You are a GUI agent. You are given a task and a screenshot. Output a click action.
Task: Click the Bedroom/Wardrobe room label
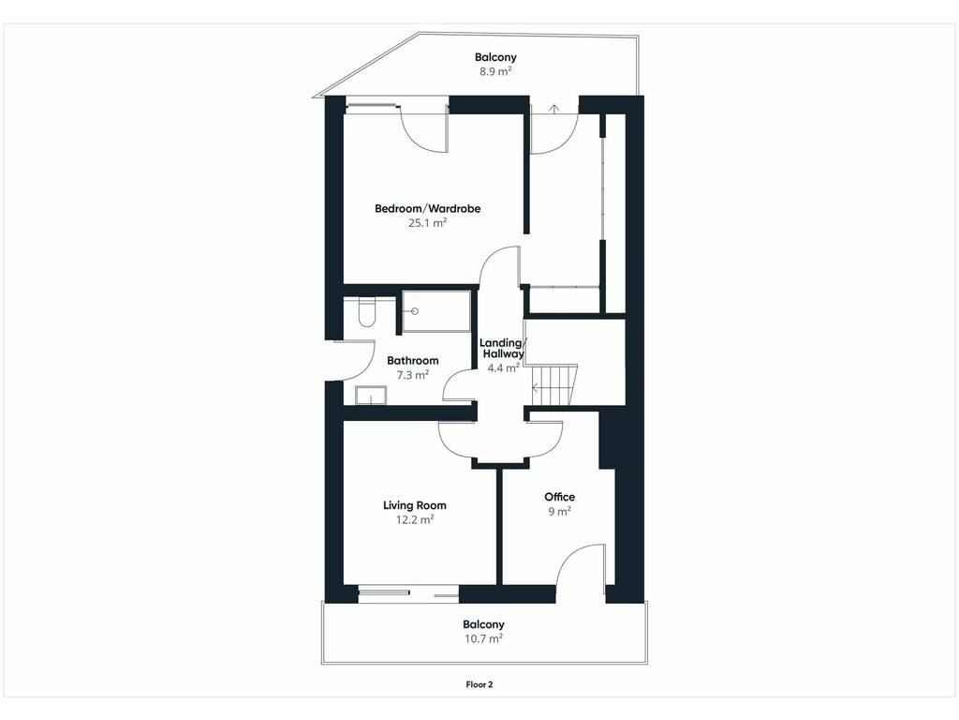pos(427,209)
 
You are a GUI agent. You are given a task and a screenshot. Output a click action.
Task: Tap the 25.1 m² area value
pos(427,223)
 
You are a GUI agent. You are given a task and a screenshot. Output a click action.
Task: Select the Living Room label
pos(415,505)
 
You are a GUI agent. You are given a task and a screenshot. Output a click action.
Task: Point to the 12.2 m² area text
pos(415,519)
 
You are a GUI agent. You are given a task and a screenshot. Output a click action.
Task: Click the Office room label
pos(560,497)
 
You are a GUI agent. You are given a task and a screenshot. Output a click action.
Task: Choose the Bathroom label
pos(413,361)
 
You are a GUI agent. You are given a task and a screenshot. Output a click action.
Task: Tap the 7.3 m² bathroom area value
pos(413,375)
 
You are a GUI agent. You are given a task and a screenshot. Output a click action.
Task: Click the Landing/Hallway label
pos(502,349)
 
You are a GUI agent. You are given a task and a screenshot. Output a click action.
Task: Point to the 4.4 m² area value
pos(503,367)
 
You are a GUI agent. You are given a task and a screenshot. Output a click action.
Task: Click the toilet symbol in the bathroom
pos(366,311)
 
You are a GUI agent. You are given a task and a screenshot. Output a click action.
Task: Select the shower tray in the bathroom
pos(436,311)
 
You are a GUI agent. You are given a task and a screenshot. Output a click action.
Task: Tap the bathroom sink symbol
pos(371,396)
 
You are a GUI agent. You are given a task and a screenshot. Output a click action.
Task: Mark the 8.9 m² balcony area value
pos(495,71)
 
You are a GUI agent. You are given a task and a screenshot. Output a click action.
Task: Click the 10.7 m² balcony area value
pos(483,638)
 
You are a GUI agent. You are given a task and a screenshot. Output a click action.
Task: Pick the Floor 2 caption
pos(479,684)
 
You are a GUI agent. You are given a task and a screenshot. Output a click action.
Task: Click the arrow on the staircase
pos(536,387)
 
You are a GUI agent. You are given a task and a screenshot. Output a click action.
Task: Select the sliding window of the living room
pos(408,592)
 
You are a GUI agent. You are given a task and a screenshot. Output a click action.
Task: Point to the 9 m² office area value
pos(560,511)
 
